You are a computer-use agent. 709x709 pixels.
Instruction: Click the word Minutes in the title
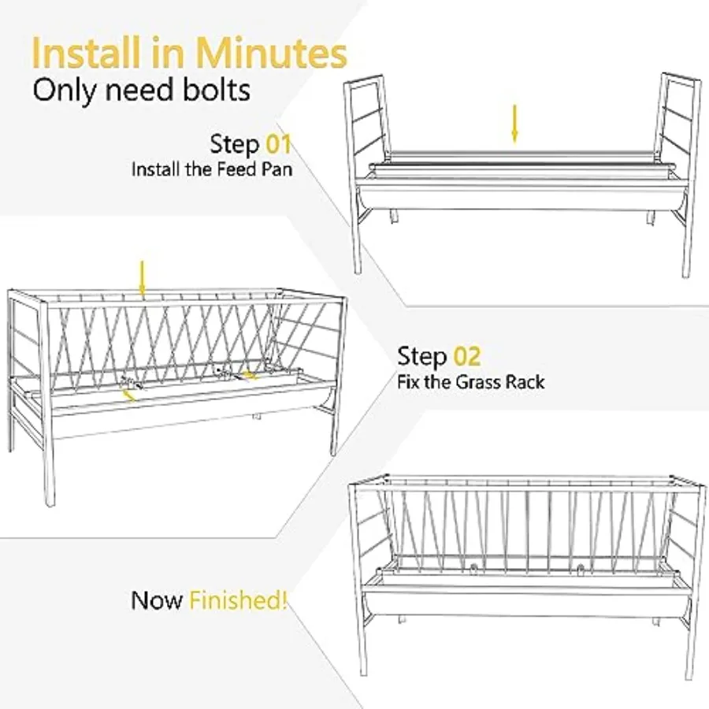coord(271,53)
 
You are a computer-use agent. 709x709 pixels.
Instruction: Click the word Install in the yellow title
coord(86,53)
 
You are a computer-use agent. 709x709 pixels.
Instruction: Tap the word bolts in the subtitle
coord(216,90)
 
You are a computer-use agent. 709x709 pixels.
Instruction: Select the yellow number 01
coord(278,144)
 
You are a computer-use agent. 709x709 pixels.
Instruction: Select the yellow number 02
coord(466,356)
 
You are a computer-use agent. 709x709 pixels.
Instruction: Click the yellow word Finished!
coord(238,600)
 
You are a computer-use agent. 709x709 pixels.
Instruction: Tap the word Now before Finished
coord(157,600)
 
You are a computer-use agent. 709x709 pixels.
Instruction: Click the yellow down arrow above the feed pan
coord(514,124)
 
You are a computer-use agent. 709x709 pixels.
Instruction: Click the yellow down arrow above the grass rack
coord(143,279)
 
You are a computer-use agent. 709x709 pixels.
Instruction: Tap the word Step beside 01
coord(235,145)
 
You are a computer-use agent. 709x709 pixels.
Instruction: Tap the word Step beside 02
coord(422,357)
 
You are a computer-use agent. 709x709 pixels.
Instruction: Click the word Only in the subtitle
coord(65,90)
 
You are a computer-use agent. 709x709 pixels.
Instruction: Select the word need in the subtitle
coord(140,91)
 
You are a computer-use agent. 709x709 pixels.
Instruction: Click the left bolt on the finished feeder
coord(473,567)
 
